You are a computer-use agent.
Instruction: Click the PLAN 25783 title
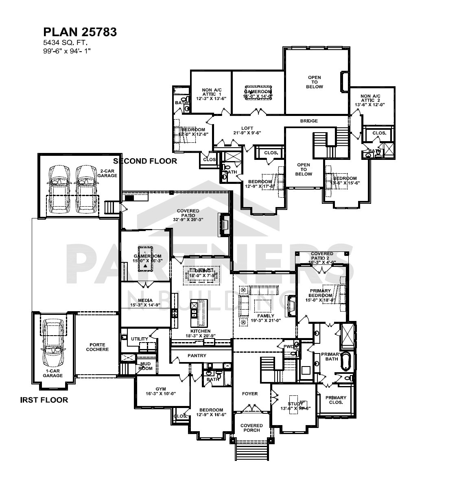tap(80, 32)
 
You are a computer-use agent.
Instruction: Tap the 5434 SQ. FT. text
tap(66, 42)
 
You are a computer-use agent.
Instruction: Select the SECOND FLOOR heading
tap(145, 161)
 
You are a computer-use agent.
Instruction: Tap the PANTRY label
tap(197, 356)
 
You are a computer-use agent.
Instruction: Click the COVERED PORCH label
tap(251, 428)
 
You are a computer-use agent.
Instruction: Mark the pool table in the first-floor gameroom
tap(145, 259)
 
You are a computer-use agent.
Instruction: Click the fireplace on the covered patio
tap(224, 225)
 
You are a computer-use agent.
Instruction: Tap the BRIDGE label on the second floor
tap(309, 121)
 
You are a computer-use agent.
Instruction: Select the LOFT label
tap(247, 130)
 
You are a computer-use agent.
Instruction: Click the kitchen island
tap(199, 313)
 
